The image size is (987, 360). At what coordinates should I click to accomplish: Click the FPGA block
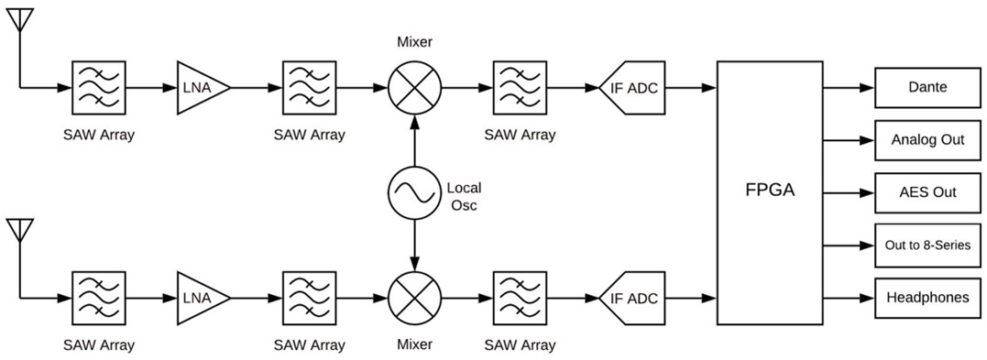point(770,192)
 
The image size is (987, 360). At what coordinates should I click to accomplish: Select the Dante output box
point(927,88)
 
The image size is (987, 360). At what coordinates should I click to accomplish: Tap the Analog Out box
point(927,140)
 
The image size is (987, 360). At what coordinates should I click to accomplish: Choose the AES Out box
point(927,192)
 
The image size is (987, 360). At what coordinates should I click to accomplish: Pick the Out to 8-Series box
point(927,245)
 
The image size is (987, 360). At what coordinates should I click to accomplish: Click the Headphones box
point(927,298)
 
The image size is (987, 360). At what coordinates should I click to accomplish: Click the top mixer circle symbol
point(414,88)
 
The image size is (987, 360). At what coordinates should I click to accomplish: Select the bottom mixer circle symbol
point(414,298)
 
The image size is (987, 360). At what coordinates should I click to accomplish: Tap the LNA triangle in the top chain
point(202,88)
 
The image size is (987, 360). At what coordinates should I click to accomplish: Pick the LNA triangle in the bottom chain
point(202,298)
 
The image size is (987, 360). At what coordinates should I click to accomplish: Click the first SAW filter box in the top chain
point(99,88)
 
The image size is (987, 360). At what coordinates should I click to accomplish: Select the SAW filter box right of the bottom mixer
point(520,298)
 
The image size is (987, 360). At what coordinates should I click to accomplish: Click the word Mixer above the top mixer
point(414,43)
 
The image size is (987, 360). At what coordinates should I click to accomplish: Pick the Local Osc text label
point(464,196)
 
